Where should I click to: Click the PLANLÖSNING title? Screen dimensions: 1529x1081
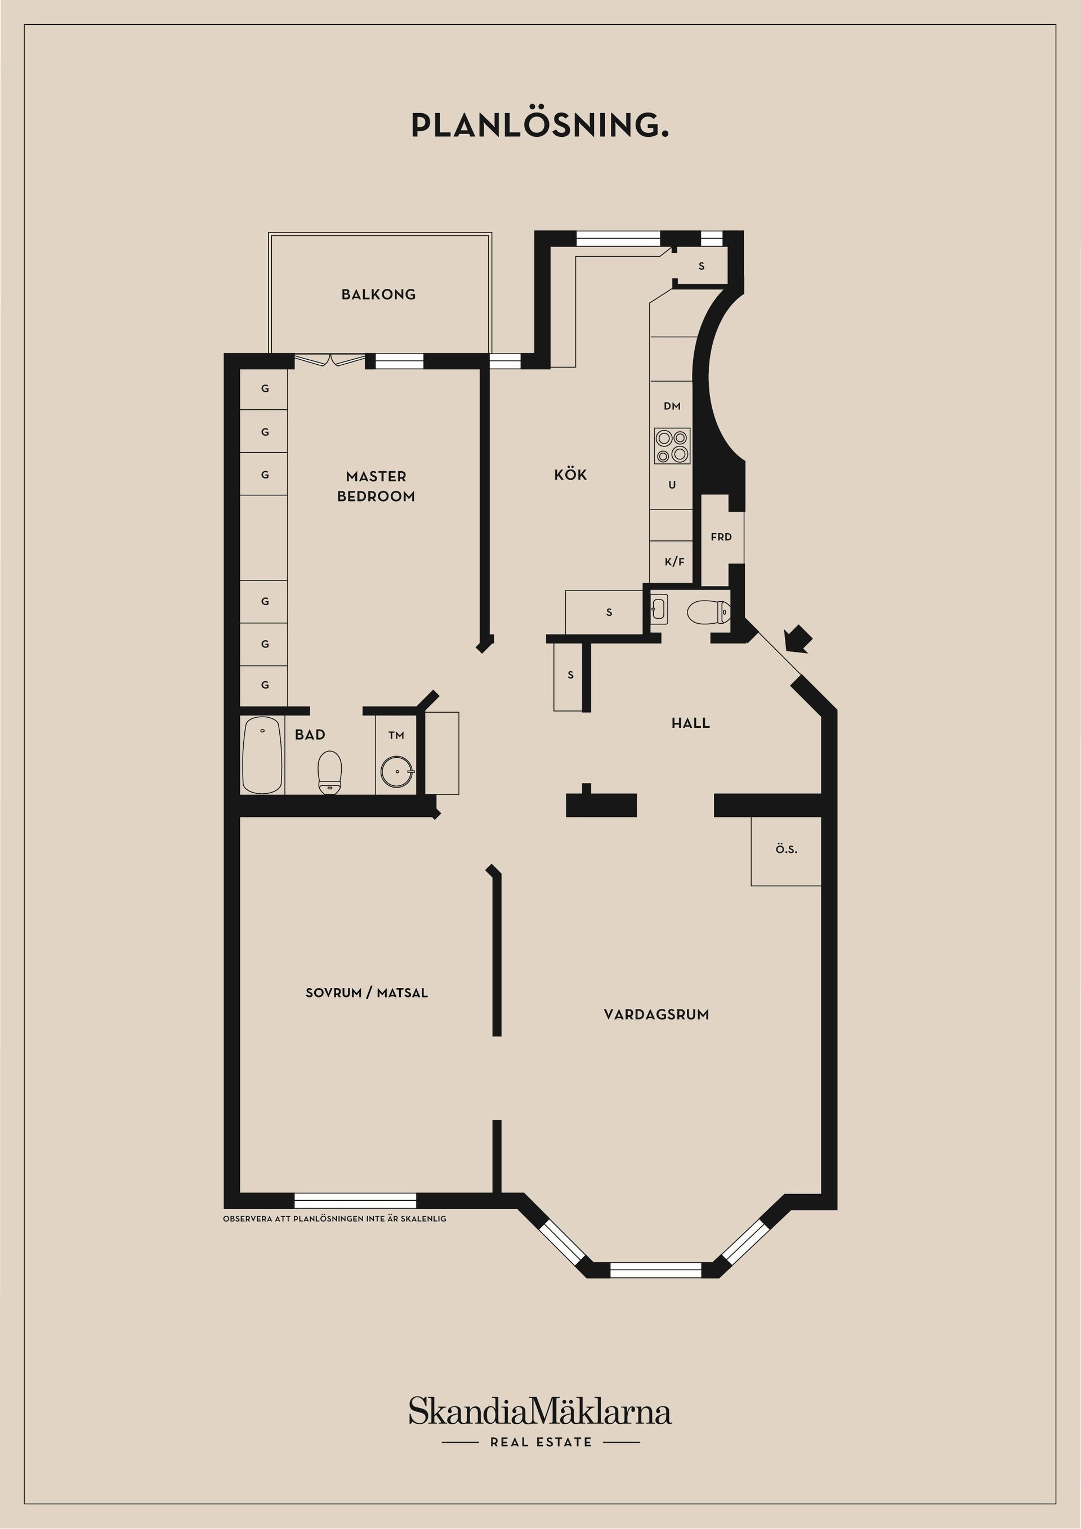point(539,125)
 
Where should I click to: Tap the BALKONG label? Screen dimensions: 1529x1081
point(378,294)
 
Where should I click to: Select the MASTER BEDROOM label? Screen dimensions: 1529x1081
point(376,486)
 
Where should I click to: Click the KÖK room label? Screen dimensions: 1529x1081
point(570,475)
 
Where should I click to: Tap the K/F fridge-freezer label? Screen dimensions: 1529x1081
point(674,562)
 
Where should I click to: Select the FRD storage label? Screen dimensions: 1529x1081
point(721,537)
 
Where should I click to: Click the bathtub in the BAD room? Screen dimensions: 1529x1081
point(262,755)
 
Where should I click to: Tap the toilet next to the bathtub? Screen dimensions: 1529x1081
point(330,771)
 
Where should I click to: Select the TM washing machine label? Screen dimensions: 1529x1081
point(396,735)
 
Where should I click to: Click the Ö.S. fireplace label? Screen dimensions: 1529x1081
point(786,850)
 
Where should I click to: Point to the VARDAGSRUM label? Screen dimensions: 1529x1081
point(656,1015)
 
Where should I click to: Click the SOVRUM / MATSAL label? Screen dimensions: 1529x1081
point(367,993)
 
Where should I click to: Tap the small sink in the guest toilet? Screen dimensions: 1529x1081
point(659,608)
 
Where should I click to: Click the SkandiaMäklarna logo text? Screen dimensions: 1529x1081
point(539,1412)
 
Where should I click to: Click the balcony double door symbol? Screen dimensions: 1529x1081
point(330,360)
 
